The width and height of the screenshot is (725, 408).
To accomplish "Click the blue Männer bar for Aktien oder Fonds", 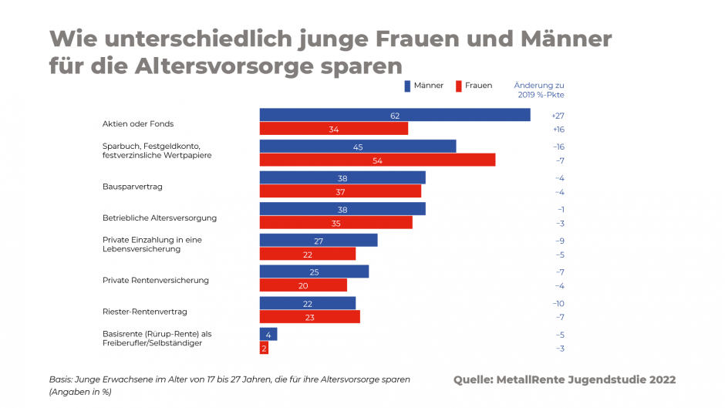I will [394, 115].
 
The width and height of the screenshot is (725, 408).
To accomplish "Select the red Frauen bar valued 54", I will [377, 160].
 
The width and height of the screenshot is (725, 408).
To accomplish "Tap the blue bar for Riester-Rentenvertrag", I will [307, 303].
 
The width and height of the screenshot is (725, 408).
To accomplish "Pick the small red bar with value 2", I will [264, 348].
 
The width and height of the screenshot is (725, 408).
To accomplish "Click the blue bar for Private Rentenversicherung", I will [314, 271].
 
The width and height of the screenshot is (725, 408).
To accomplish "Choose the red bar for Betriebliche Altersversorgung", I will [336, 222].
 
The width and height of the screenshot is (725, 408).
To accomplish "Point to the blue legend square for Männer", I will [406, 86].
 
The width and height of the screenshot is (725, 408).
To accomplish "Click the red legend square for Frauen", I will [458, 86].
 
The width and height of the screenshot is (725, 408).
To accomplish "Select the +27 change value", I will [558, 115].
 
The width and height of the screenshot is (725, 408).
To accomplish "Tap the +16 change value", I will [558, 129].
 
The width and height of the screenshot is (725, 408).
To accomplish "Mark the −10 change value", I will [558, 303].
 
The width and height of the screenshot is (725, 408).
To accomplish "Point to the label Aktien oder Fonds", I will [138, 123].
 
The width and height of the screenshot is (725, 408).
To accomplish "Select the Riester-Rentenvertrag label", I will [145, 312].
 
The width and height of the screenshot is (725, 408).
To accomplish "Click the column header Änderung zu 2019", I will [539, 89].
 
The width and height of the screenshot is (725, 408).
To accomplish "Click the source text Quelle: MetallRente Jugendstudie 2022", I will [565, 379].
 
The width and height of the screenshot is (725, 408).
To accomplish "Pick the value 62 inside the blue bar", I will [394, 115].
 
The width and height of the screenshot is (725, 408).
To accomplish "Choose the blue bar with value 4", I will [268, 334].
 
